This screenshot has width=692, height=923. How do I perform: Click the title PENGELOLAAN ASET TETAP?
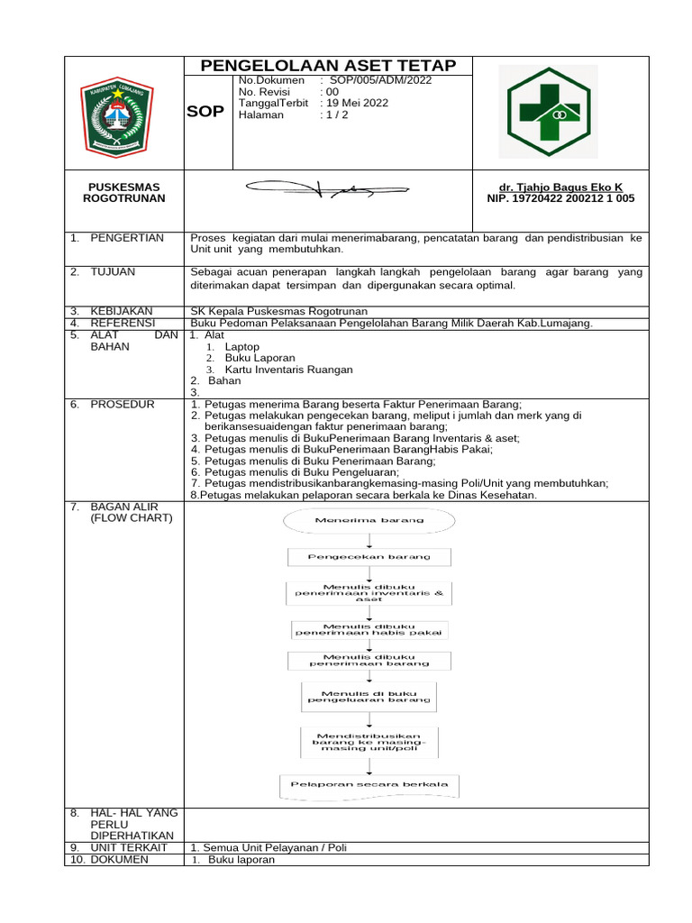tap(328, 66)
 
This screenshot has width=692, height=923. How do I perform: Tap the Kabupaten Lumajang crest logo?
tap(118, 114)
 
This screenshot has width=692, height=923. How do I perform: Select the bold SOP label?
tap(205, 112)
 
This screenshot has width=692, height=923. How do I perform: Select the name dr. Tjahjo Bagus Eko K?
tap(560, 187)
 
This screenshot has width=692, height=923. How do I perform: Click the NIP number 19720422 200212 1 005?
tap(560, 198)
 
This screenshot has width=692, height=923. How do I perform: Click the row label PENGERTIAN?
tap(126, 238)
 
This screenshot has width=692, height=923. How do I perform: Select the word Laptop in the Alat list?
tap(242, 346)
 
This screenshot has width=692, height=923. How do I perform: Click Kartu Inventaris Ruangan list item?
tap(288, 370)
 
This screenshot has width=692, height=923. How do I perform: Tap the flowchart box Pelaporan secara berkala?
tap(369, 784)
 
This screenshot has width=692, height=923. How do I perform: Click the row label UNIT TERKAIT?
tap(129, 847)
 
